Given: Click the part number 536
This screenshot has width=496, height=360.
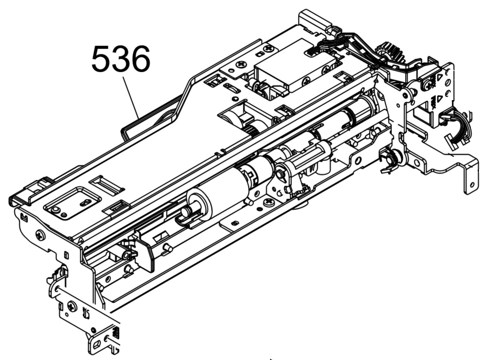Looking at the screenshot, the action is click(121, 59).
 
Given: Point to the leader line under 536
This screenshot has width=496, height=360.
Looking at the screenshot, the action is click(131, 97).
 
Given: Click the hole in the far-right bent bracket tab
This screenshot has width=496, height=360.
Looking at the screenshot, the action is click(472, 185).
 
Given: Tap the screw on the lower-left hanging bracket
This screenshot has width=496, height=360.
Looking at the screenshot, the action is click(72, 306).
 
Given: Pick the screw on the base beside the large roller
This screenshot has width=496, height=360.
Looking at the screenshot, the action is click(269, 201).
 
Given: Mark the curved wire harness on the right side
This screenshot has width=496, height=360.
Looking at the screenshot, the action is click(459, 127).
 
